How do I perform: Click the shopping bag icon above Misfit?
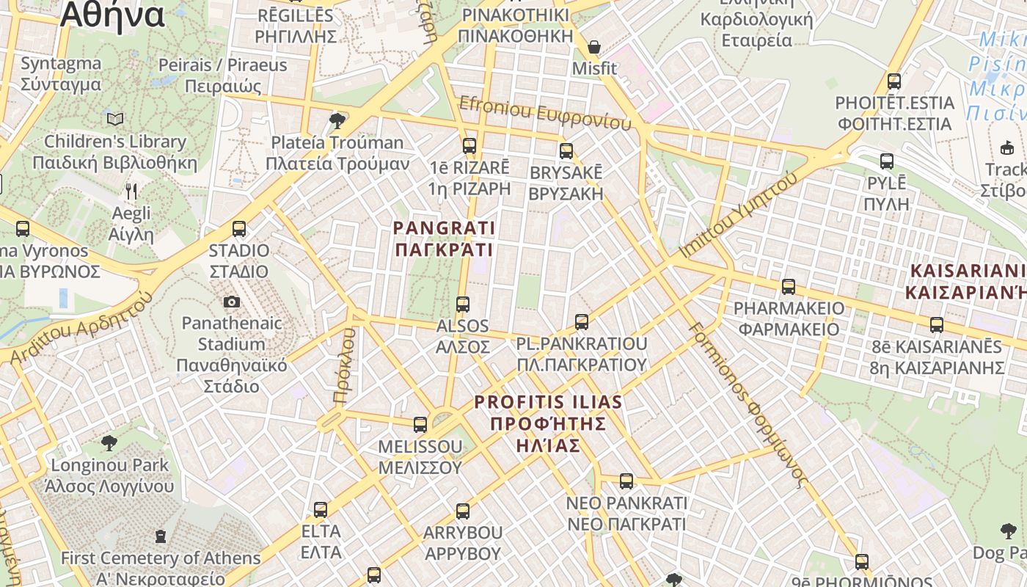594,48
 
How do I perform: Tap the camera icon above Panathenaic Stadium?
232,302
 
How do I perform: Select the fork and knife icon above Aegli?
131,192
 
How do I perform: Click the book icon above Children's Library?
115,119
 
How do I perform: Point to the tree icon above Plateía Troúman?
337,120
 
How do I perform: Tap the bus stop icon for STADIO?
239,229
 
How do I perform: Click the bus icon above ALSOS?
463,304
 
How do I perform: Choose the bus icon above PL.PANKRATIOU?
582,321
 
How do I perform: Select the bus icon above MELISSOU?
420,425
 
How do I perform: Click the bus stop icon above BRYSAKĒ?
566,151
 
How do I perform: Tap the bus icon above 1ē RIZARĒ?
469,145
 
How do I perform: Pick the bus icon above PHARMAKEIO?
789,287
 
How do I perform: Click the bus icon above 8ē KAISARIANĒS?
937,324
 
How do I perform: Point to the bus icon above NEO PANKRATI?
626,481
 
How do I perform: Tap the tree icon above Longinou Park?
109,442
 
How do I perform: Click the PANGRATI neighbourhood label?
444,239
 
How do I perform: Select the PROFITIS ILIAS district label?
548,423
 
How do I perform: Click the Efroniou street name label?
544,113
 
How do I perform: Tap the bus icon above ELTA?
321,510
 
